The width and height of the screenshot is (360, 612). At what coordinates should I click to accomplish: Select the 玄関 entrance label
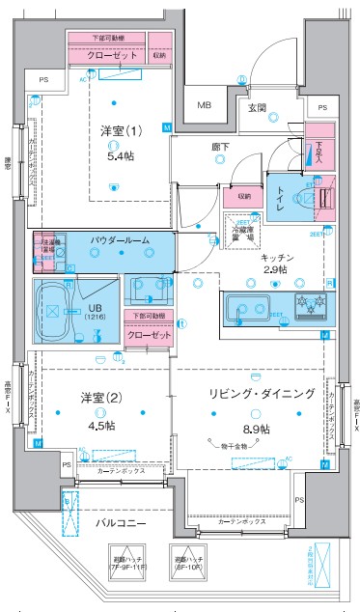click(257, 108)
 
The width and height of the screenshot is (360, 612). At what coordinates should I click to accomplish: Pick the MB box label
click(205, 105)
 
